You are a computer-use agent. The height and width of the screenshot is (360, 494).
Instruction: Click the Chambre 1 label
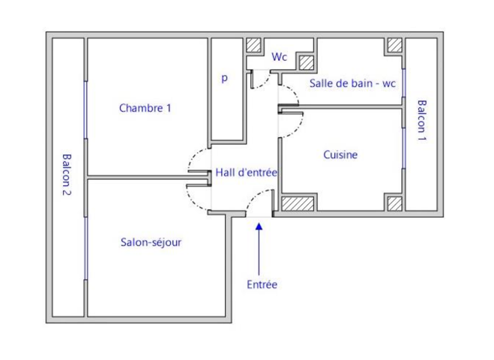[145, 108]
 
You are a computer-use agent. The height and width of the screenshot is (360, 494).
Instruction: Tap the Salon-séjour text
[151, 242]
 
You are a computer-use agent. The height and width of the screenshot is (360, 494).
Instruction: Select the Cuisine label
[340, 154]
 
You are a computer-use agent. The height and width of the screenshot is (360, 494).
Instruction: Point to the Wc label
[279, 57]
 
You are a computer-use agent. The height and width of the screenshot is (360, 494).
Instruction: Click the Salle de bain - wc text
[352, 83]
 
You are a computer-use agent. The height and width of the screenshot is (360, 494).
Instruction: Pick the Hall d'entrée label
[247, 172]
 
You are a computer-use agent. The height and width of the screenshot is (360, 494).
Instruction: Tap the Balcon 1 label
[421, 121]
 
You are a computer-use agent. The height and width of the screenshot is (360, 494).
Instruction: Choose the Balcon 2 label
[67, 175]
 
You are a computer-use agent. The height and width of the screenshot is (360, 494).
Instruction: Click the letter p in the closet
[224, 77]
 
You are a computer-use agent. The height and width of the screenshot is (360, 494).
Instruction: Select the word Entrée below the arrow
[262, 284]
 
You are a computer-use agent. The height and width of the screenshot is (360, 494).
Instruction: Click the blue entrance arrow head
[259, 226]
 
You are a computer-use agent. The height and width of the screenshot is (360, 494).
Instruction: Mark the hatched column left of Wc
[253, 45]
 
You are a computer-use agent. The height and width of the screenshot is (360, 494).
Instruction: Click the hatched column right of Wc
[307, 63]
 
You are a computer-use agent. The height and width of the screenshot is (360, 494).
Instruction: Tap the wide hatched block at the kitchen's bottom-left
[298, 204]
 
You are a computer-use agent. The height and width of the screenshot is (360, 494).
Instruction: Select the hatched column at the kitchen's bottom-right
[395, 204]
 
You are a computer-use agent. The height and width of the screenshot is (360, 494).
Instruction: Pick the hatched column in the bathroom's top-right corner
[395, 45]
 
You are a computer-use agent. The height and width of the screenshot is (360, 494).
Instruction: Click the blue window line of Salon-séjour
[85, 248]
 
